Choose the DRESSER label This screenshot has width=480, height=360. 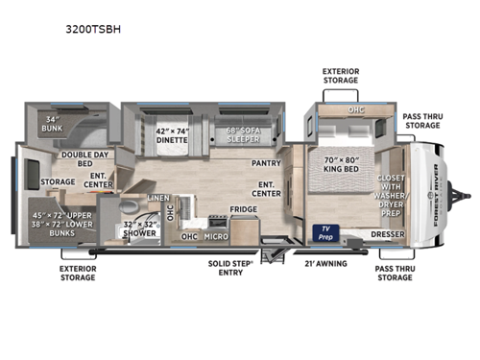389,234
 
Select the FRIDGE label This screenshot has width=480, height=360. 242,208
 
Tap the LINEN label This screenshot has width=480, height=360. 158,198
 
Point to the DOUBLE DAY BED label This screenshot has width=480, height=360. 84,158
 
